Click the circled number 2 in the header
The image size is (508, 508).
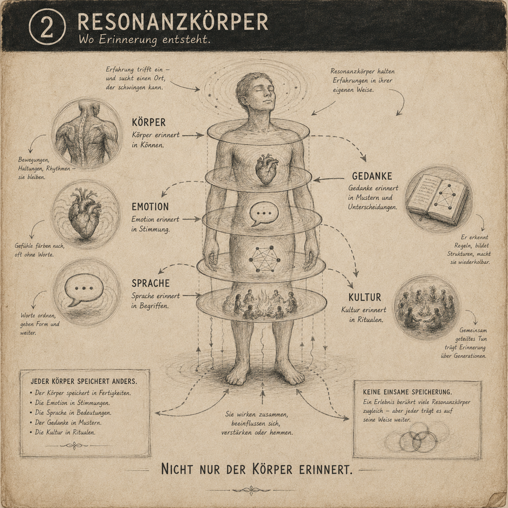47,29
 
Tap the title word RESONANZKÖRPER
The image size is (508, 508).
173,22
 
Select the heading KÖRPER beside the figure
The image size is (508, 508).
149,122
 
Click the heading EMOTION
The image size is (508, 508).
150,207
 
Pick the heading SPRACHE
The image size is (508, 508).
151,283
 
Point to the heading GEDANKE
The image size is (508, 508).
372,176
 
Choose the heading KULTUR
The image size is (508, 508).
365,297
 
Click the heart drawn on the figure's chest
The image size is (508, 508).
267,169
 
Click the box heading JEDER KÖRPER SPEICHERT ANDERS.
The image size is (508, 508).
84,382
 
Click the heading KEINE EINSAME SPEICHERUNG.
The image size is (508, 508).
407,392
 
